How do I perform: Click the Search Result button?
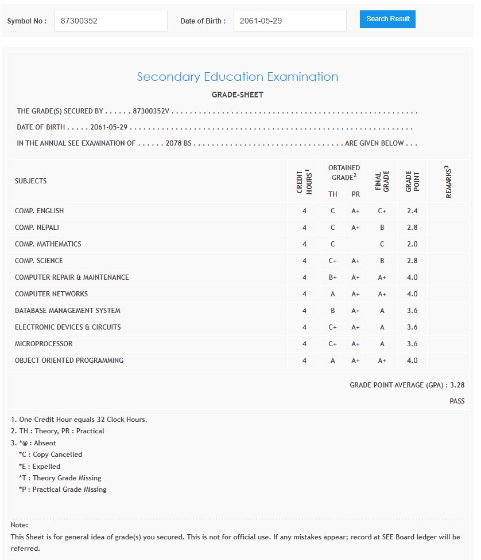click(387, 19)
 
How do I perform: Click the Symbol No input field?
click(111, 21)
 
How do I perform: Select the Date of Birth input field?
click(290, 21)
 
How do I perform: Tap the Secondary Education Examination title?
click(238, 77)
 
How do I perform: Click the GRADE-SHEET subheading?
click(238, 95)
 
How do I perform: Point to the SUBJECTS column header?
click(31, 181)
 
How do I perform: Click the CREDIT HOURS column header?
click(304, 181)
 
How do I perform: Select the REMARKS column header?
click(448, 182)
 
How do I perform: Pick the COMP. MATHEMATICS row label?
click(48, 244)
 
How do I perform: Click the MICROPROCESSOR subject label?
click(44, 344)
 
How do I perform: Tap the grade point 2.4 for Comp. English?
click(412, 211)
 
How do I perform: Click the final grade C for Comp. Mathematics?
click(382, 244)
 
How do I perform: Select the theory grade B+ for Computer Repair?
click(333, 277)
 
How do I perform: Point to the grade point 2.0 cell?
click(412, 244)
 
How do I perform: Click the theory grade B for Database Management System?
click(333, 311)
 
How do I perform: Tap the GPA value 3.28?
click(457, 385)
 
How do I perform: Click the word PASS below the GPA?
click(457, 401)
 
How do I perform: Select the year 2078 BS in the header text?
click(179, 143)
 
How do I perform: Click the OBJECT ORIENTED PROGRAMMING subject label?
click(69, 361)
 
